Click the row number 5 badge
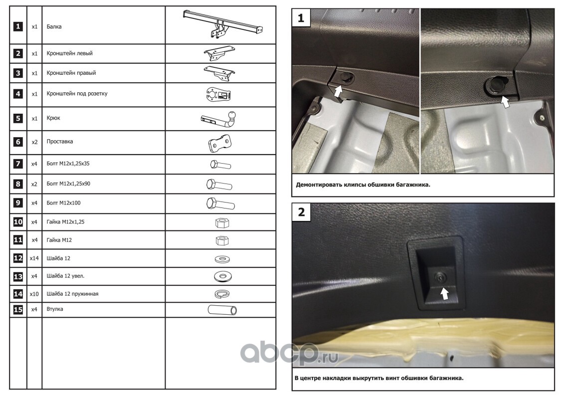(x=18, y=118)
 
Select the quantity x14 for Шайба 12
(x=34, y=258)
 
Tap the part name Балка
(x=54, y=26)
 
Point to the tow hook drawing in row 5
(x=219, y=119)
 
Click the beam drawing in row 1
(x=223, y=23)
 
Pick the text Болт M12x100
(x=64, y=203)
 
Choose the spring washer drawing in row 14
(x=222, y=294)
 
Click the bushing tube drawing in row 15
(x=222, y=310)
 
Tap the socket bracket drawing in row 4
(x=219, y=95)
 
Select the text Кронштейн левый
(x=69, y=53)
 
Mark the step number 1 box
(x=301, y=18)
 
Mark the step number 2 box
(x=301, y=212)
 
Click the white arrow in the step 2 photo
(x=445, y=294)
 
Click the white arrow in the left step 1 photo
(x=338, y=91)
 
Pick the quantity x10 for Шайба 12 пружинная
(x=34, y=294)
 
